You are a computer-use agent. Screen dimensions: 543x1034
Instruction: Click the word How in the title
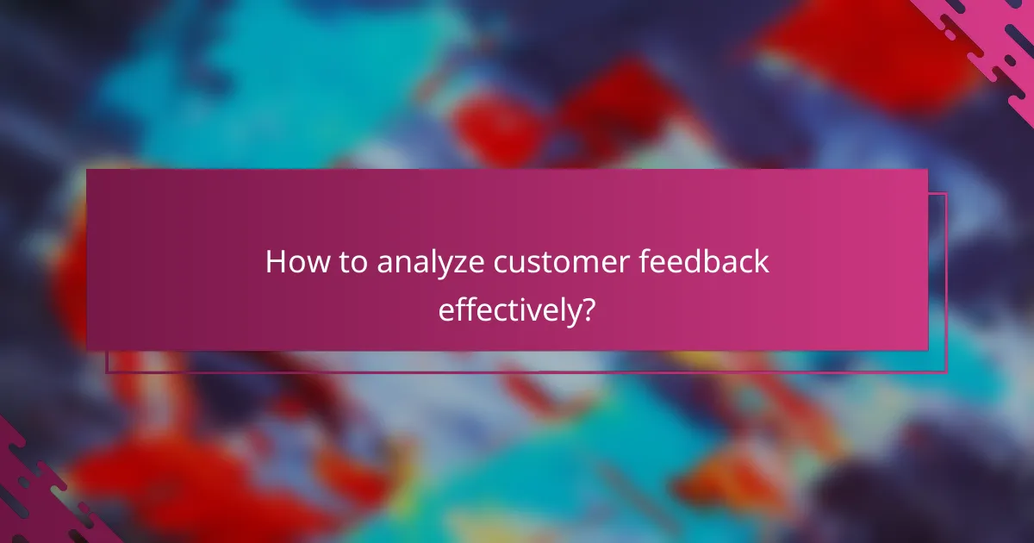[296, 262]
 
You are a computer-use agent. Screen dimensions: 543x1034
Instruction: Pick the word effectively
[507, 309]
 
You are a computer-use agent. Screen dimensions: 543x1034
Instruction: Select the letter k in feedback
[759, 262]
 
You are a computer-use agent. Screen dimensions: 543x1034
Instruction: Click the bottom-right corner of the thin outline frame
[946, 371]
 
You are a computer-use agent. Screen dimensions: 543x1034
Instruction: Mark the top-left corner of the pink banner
[87, 170]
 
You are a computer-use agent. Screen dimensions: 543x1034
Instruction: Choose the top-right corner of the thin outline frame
[946, 194]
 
